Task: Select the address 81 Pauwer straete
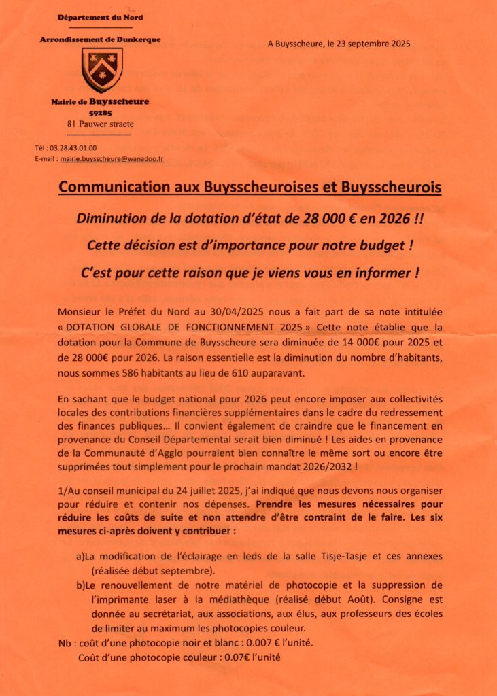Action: pos(101,124)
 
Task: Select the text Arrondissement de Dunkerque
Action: pos(100,39)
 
